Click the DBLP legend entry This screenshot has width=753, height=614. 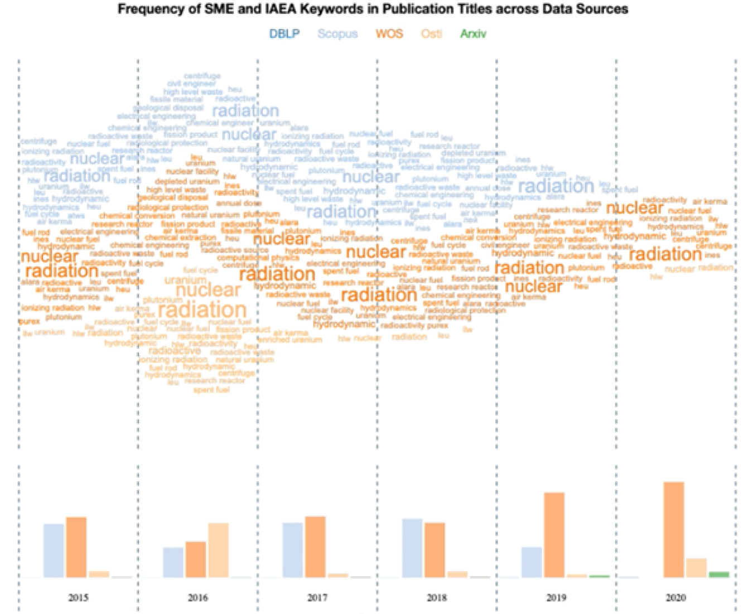pos(284,34)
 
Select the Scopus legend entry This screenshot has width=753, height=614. pos(337,34)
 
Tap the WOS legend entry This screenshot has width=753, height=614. pos(389,34)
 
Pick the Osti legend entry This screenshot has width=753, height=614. pos(431,34)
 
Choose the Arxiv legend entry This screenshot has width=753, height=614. pos(473,34)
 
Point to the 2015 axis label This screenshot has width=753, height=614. pos(78,598)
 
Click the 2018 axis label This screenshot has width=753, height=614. pos(437,598)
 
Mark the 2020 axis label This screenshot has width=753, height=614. pos(675,598)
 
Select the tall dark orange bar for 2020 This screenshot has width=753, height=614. pos(674,530)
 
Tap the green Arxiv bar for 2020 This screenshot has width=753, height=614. pos(719,574)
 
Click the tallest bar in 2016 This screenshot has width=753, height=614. pos(219,550)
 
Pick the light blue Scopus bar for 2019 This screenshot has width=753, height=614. pos(532,562)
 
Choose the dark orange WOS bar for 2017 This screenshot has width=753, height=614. pos(315,547)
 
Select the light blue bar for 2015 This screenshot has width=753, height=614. pos(54,551)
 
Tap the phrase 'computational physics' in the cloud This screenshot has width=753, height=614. pos(242,258)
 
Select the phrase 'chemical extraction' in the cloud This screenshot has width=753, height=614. pos(180,238)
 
